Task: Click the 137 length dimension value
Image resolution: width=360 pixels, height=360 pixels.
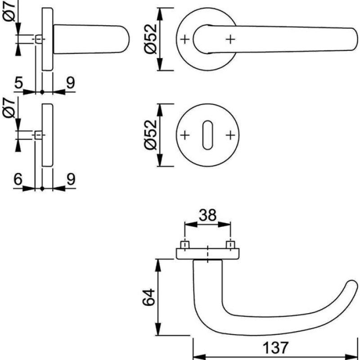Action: click(275, 348)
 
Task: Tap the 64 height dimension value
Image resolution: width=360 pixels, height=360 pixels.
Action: click(149, 297)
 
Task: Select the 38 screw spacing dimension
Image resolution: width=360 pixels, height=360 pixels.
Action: click(207, 216)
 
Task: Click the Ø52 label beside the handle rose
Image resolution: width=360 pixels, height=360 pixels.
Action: click(151, 39)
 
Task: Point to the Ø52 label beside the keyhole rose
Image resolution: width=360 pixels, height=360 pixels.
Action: click(151, 135)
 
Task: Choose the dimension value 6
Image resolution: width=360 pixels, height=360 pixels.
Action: click(18, 179)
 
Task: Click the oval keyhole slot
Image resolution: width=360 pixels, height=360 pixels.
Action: click(207, 135)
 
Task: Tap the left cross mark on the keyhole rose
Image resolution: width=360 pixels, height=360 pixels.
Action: click(185, 135)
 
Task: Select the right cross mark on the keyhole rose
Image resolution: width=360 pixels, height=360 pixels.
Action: click(230, 135)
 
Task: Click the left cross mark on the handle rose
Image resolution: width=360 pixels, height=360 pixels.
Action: click(185, 40)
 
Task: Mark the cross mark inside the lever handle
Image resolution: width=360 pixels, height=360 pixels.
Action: click(230, 40)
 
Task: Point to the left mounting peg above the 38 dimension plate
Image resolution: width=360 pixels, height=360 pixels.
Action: click(185, 245)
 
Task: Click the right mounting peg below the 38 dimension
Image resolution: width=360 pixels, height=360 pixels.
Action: click(230, 245)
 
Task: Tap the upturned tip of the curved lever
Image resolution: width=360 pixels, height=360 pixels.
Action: click(352, 285)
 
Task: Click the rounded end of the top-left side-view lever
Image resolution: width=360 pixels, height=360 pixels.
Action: click(125, 39)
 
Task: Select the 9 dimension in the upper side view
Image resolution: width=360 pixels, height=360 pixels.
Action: click(71, 83)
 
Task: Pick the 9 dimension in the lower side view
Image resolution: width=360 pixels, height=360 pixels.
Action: click(71, 179)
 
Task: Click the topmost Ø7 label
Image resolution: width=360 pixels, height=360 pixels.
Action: click(9, 11)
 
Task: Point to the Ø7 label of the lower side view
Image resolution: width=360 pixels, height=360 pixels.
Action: click(9, 108)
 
